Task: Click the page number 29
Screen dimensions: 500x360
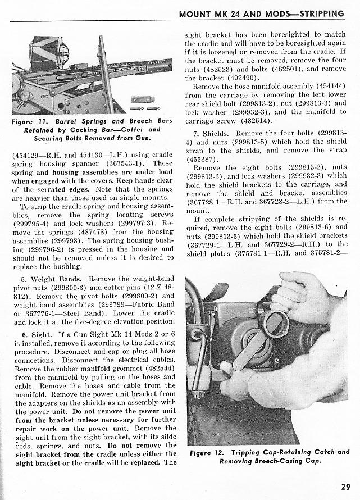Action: (x=345, y=487)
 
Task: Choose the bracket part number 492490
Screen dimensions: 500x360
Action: (x=235, y=78)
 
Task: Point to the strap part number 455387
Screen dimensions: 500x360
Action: (x=200, y=159)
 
